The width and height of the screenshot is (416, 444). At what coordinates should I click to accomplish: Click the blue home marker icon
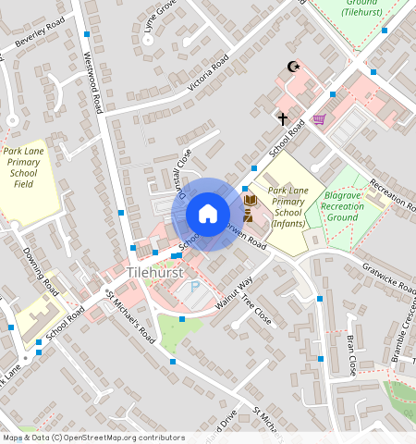point(208,215)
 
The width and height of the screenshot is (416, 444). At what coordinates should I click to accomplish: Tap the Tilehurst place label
point(156,274)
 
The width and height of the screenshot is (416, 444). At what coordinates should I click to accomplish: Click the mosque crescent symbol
point(295,67)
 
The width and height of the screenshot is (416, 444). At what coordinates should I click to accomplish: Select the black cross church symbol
point(283,118)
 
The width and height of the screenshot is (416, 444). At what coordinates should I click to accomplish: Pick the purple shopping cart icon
point(319,119)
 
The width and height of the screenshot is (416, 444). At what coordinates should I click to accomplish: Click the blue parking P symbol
point(194,289)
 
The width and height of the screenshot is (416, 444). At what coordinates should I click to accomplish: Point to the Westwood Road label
point(92,81)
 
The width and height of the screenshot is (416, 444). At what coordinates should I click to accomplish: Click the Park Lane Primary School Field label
point(25,166)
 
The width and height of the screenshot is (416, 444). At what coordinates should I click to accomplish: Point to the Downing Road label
point(41,267)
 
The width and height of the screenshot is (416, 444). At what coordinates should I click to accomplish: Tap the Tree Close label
point(255,308)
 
